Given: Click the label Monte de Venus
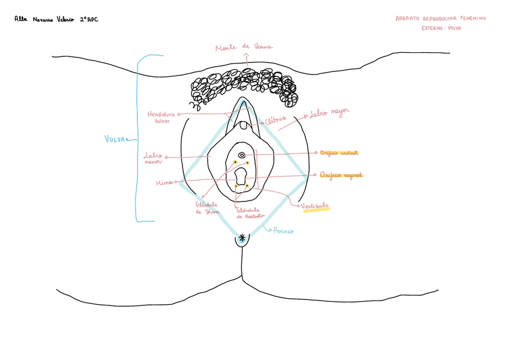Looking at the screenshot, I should pyautogui.click(x=244, y=47).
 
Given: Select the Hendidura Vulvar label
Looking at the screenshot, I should pyautogui.click(x=161, y=117).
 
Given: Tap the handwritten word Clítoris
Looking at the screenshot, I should pyautogui.click(x=276, y=119).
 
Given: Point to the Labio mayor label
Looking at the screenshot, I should pyautogui.click(x=328, y=113).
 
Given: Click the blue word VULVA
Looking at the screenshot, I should pyautogui.click(x=115, y=139).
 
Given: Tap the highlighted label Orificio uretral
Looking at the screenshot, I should pyautogui.click(x=339, y=152).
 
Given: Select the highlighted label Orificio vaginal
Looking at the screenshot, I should pyautogui.click(x=341, y=175).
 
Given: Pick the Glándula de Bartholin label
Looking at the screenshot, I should pyautogui.click(x=250, y=213).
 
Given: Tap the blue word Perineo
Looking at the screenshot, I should pyautogui.click(x=283, y=230).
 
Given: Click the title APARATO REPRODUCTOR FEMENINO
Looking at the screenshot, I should pyautogui.click(x=441, y=19).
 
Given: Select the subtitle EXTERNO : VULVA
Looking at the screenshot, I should pyautogui.click(x=441, y=28).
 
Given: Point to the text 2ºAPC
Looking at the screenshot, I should pyautogui.click(x=88, y=20).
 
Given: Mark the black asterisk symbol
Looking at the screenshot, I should pyautogui.click(x=242, y=238).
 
